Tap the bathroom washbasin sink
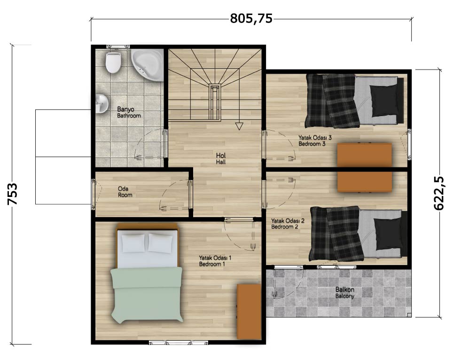(x=102, y=103)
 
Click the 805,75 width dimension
(x=251, y=19)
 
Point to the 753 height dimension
(x=13, y=194)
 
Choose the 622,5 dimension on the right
(x=439, y=193)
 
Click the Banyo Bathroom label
(x=129, y=112)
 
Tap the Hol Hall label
(x=221, y=159)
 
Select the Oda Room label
(x=125, y=192)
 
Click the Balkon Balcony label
(x=344, y=293)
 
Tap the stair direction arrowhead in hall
(x=239, y=126)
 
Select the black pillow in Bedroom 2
(x=388, y=234)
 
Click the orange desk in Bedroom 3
(x=365, y=155)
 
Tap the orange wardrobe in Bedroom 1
(x=249, y=312)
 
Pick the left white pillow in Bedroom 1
(x=133, y=243)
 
